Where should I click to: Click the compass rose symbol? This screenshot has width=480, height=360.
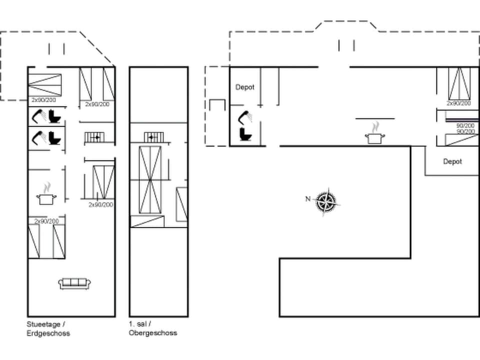(326, 202)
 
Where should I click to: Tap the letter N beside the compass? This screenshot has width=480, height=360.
(308, 199)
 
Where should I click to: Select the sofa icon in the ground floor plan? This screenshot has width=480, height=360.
(74, 283)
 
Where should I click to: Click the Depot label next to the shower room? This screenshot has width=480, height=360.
(245, 87)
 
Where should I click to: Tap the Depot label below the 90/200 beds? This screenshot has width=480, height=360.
(452, 161)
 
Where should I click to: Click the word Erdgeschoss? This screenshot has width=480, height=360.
(48, 333)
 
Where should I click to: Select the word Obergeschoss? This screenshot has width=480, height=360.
(153, 333)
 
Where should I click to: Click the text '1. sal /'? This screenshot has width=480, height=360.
(140, 324)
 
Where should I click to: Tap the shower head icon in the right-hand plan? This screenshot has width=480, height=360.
(245, 118)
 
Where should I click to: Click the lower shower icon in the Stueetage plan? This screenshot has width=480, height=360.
(38, 137)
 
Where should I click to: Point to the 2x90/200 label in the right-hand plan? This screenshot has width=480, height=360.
(458, 103)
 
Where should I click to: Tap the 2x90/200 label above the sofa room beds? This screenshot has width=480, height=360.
(46, 221)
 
